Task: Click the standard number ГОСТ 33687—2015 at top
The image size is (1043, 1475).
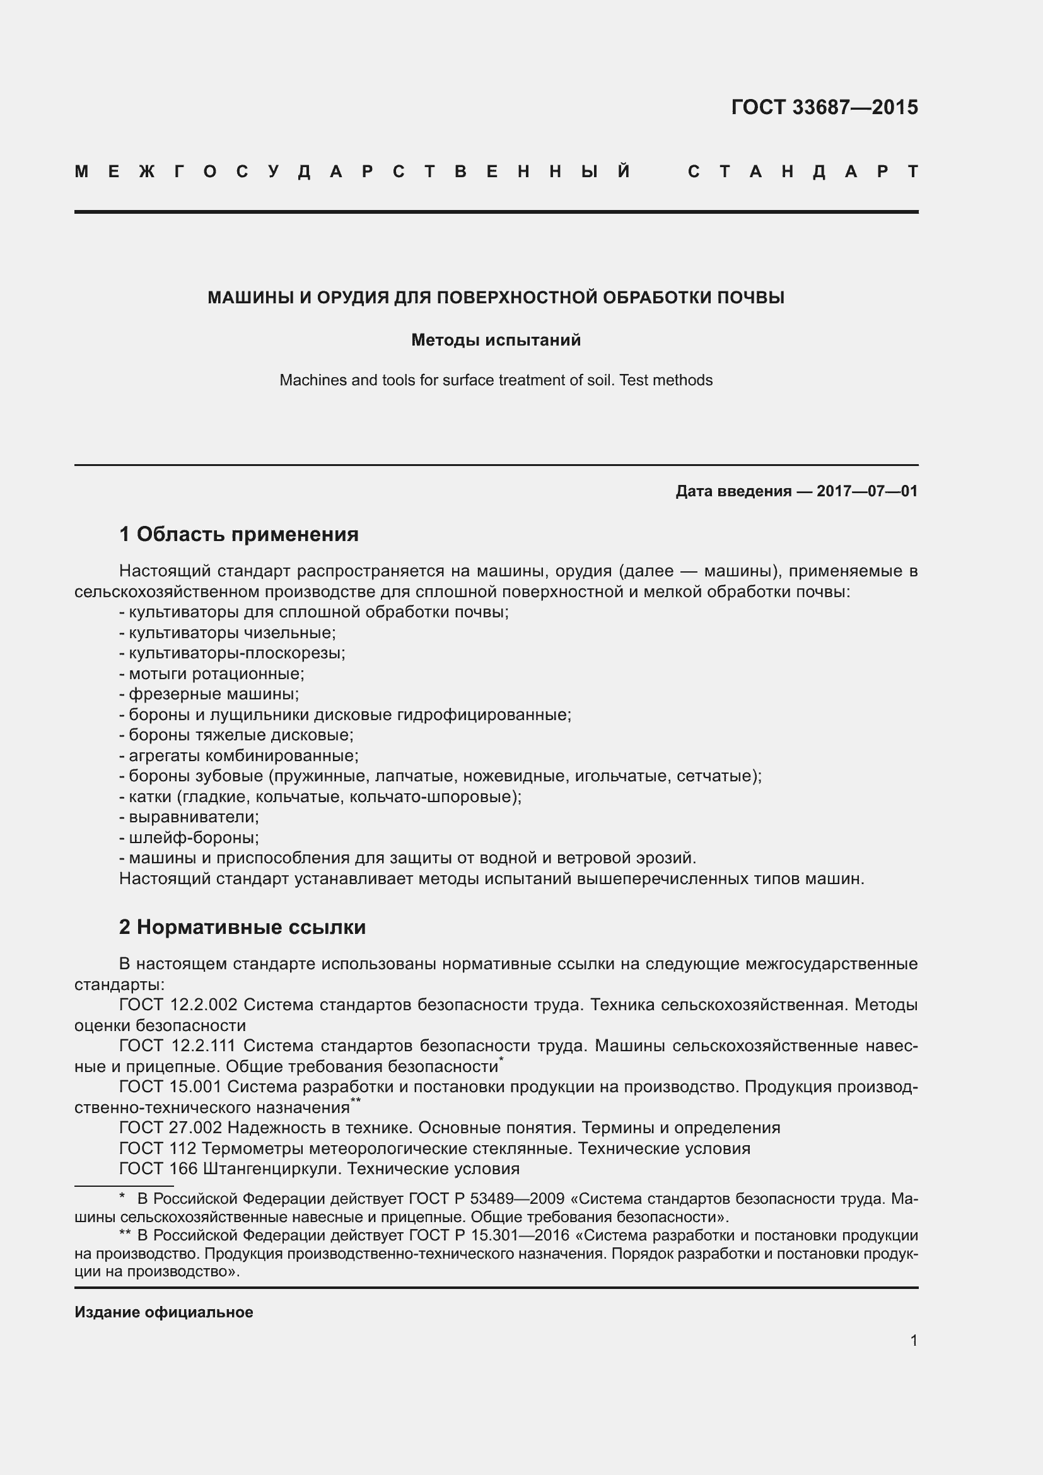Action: click(x=824, y=107)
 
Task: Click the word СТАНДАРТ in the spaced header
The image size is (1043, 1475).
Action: click(x=803, y=172)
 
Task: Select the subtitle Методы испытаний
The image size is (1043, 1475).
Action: click(x=496, y=340)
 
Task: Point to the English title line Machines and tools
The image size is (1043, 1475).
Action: click(x=496, y=380)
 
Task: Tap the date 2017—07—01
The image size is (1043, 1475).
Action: click(x=866, y=491)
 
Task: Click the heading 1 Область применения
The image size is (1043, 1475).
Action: click(x=239, y=534)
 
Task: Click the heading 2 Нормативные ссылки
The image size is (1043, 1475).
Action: click(x=243, y=927)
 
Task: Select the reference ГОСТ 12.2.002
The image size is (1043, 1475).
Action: click(x=178, y=1005)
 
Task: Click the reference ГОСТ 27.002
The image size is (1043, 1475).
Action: click(x=171, y=1128)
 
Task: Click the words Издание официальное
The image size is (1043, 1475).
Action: click(x=164, y=1312)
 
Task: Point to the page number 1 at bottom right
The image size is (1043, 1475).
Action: click(x=913, y=1340)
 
